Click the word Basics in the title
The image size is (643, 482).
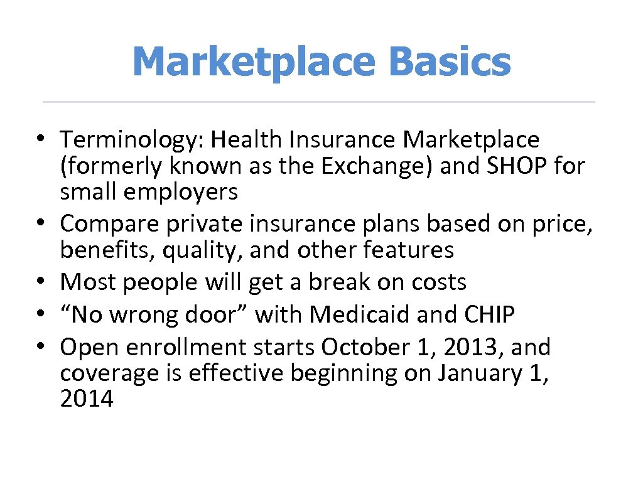click(449, 62)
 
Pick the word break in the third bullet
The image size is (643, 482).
click(330, 282)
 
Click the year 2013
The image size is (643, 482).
click(473, 346)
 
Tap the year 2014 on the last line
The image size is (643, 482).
click(87, 399)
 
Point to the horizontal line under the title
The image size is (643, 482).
click(318, 102)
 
